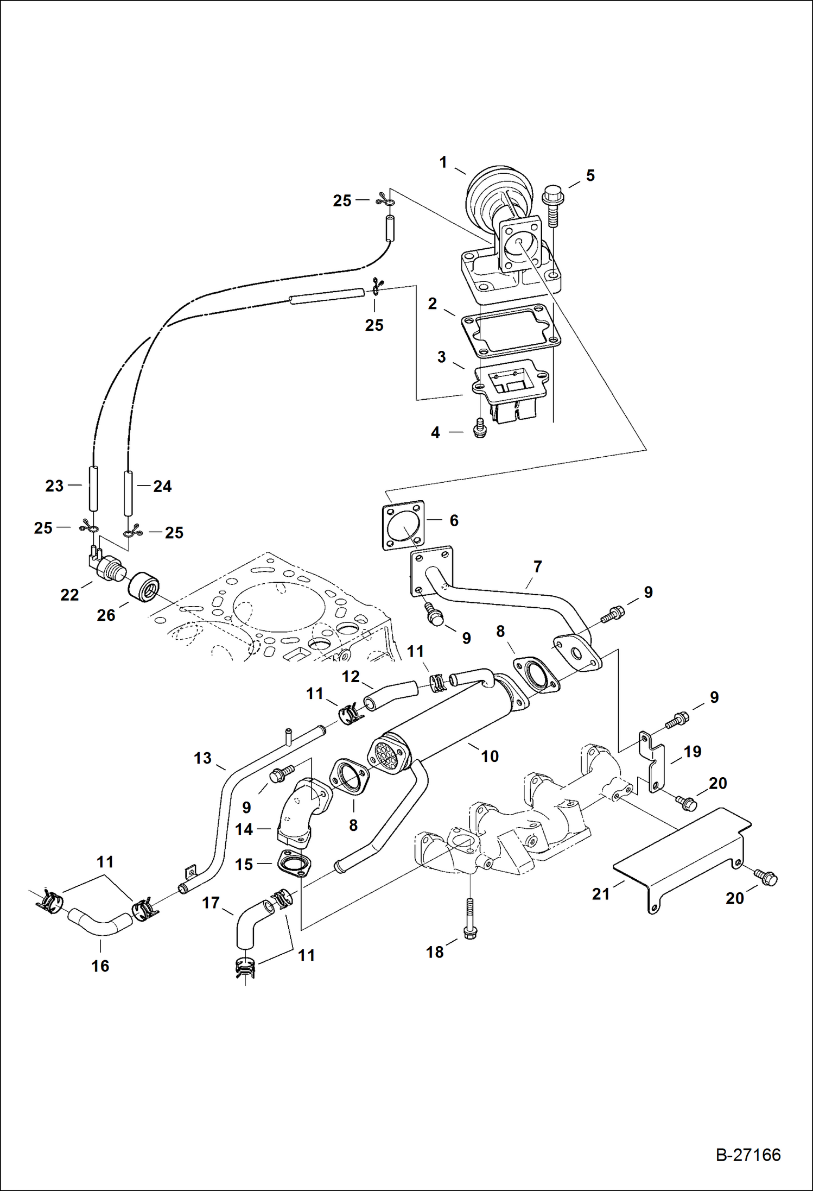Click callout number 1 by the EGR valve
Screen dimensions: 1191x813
[443, 162]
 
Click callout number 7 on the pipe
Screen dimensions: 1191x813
[537, 567]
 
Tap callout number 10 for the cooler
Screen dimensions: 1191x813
[490, 756]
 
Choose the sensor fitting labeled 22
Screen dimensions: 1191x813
[106, 568]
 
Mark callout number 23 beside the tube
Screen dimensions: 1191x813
[54, 486]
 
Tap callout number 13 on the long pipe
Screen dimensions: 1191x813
[202, 758]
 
